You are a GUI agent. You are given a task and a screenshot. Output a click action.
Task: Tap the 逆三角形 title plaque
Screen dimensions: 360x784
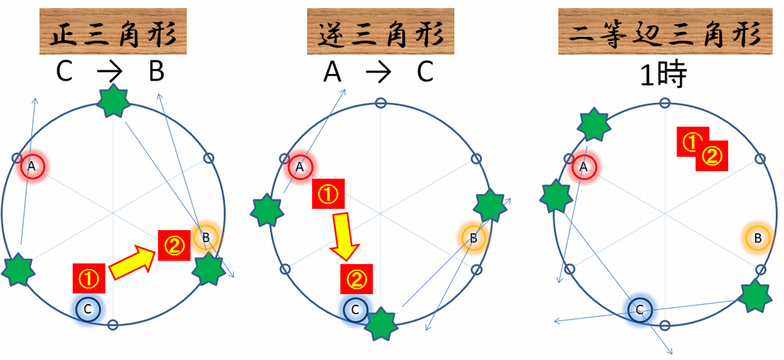pos(380,31)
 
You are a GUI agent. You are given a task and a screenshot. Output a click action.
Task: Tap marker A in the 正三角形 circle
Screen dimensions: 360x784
pos(31,167)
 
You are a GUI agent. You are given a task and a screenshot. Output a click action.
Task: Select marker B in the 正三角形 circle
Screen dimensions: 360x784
pos(205,237)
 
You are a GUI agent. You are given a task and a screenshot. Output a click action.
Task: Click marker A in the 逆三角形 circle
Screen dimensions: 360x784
pos(300,167)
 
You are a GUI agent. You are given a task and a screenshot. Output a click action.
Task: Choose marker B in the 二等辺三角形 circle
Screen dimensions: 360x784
pos(758,237)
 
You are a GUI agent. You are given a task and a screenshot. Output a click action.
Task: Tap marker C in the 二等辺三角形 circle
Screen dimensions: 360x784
pos(640,310)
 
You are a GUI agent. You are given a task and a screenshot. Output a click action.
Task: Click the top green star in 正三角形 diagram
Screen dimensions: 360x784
pos(114,102)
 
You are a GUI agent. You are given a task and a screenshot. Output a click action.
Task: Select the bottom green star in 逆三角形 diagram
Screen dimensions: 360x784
pos(380,323)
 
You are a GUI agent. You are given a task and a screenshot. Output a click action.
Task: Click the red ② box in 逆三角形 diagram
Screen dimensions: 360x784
pos(356,277)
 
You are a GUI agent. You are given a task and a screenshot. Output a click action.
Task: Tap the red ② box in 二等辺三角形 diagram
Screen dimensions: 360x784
pos(712,156)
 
